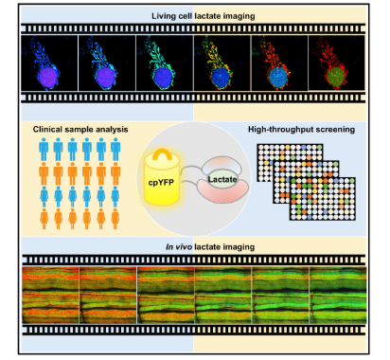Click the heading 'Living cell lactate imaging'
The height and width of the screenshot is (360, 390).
[x=204, y=16]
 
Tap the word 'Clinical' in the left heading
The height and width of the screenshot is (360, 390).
[x=47, y=130]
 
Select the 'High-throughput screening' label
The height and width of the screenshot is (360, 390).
[x=301, y=130]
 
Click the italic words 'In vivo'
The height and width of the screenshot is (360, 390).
[x=179, y=247]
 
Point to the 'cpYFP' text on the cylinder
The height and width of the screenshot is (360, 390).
[x=161, y=183]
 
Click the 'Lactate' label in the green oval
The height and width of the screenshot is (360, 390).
[x=222, y=179]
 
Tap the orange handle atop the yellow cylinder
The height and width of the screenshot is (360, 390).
[x=162, y=154]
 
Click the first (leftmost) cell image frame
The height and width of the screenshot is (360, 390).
[x=49, y=63]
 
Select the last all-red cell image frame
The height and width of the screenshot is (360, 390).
[x=336, y=63]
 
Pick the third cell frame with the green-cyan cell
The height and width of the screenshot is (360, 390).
[x=165, y=63]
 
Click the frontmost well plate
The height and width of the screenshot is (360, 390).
[x=323, y=199]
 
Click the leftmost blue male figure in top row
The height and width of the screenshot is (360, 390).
[x=44, y=150]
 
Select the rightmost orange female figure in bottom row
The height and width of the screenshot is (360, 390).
[x=115, y=219]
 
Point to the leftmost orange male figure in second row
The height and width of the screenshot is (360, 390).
[x=44, y=174]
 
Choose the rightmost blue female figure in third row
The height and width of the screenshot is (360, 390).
[x=115, y=197]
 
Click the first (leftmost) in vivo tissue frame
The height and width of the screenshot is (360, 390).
[x=50, y=295]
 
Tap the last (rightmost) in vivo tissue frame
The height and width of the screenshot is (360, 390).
[x=338, y=295]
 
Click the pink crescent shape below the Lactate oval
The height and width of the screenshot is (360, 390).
[x=222, y=192]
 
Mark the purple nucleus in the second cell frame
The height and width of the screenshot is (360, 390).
[x=105, y=77]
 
